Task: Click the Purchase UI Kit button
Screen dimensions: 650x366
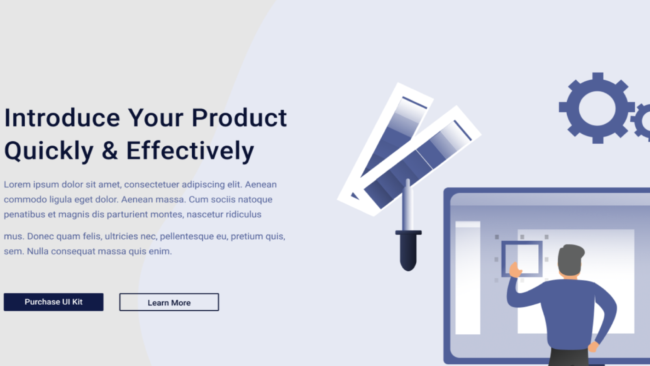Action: [53, 302]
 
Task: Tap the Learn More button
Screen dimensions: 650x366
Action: [169, 302]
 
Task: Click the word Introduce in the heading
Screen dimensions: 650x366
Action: [62, 118]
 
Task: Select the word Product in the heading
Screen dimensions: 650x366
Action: [239, 118]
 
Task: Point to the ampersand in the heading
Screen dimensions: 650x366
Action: [110, 150]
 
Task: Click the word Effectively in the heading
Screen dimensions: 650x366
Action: [190, 150]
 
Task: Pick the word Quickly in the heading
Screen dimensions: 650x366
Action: [49, 151]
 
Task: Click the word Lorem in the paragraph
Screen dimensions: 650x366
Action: [17, 185]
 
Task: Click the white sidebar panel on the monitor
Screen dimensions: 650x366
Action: [468, 278]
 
